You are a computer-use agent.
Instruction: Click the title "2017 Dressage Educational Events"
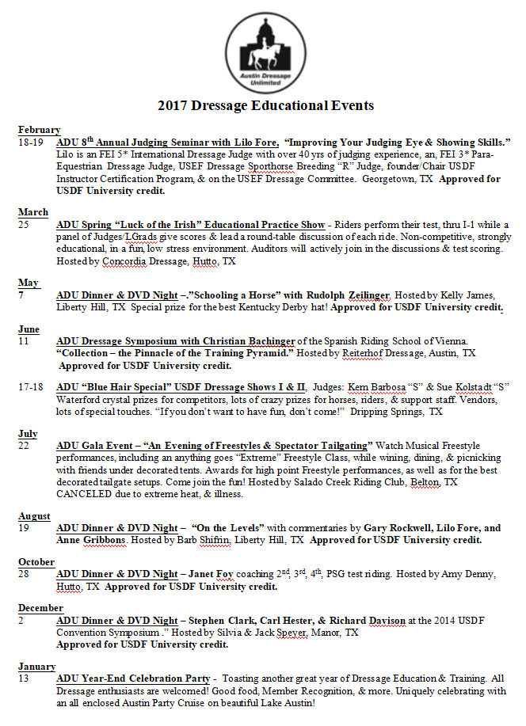click(x=265, y=105)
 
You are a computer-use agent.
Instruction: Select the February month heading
click(x=39, y=130)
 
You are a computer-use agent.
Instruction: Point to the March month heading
click(x=33, y=212)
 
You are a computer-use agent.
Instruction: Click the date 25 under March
click(x=25, y=224)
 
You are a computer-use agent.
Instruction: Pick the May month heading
click(x=29, y=283)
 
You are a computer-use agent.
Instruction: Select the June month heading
click(x=30, y=329)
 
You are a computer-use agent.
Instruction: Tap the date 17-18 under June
click(x=31, y=388)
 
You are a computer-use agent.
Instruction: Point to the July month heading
click(x=28, y=434)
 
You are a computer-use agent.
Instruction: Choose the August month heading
click(x=34, y=516)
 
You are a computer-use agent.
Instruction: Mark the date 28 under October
click(x=25, y=574)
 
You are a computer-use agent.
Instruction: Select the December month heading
click(x=40, y=608)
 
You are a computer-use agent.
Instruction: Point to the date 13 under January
click(x=25, y=678)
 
